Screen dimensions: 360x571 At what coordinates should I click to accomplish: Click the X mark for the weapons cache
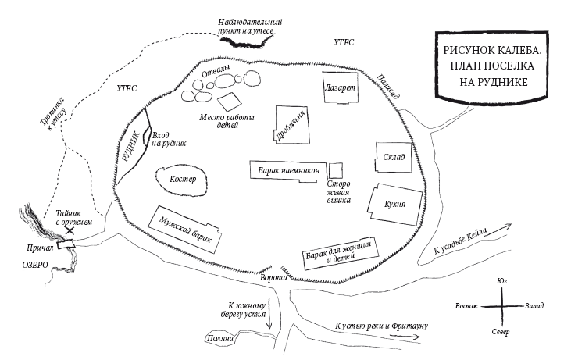[x=70, y=230]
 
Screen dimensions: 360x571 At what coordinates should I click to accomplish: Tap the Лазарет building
[x=341, y=89]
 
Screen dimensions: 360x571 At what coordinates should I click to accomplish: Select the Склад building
[x=392, y=158]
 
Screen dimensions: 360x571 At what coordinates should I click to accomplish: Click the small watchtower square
[x=336, y=169]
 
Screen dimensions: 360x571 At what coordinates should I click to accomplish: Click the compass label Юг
[x=501, y=281]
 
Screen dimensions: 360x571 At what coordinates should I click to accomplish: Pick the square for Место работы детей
[x=230, y=102]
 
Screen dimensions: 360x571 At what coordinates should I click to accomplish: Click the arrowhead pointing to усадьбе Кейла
[x=511, y=225]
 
